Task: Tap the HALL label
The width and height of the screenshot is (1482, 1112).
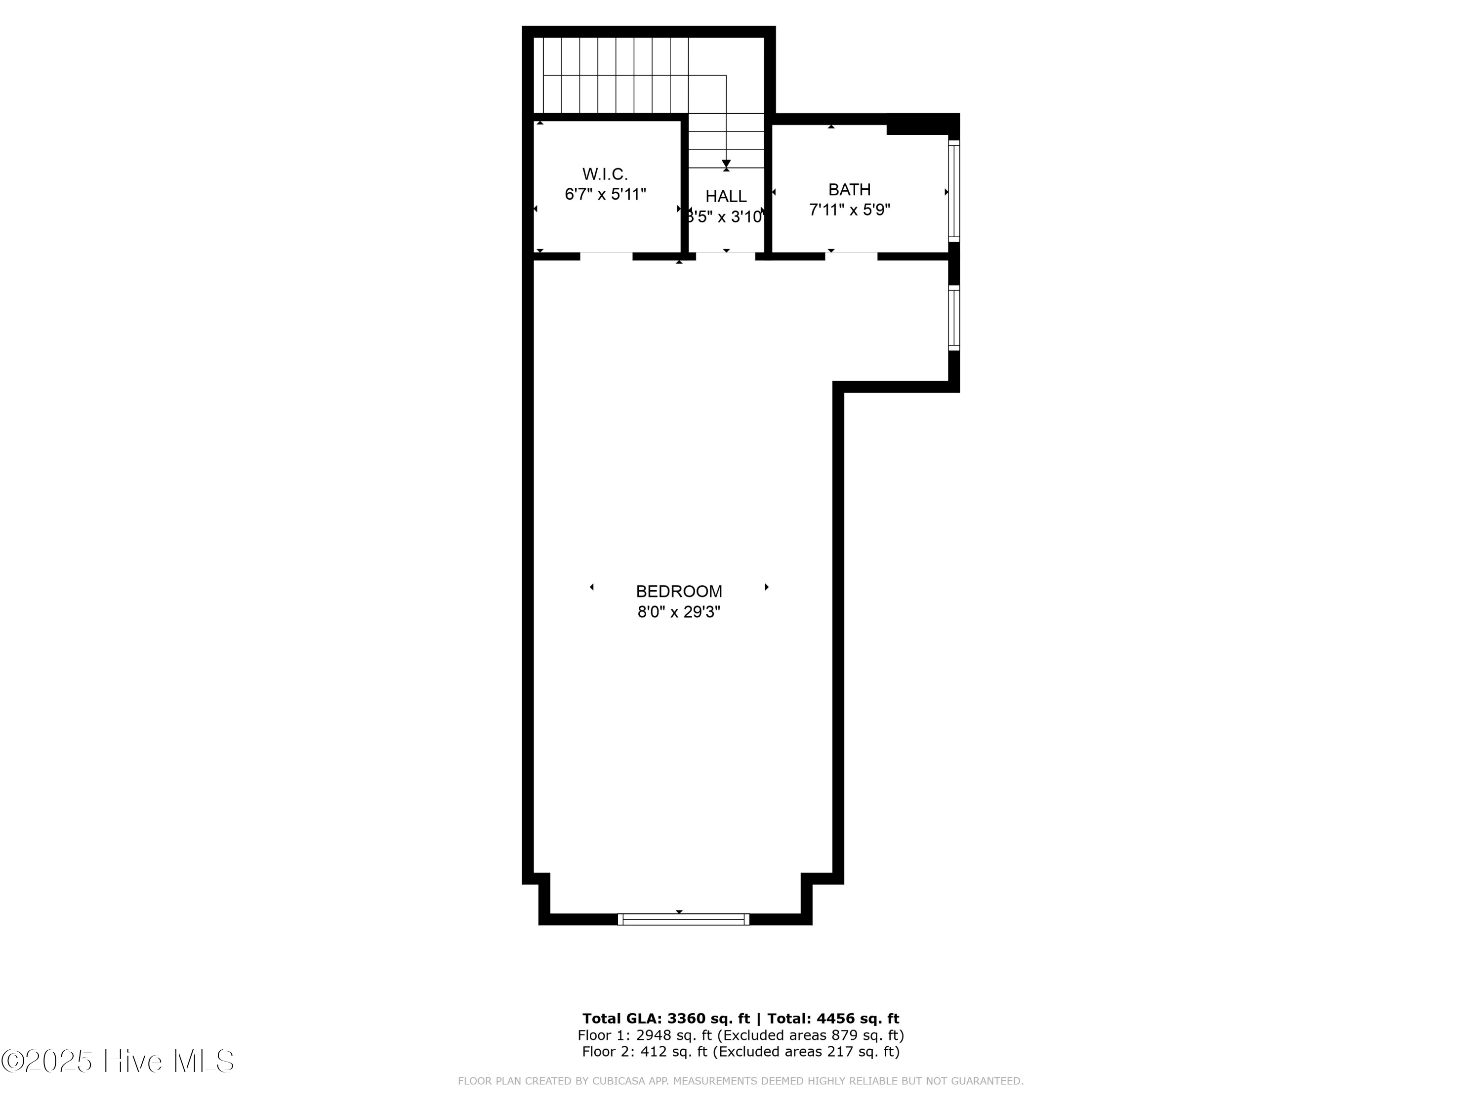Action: point(726,196)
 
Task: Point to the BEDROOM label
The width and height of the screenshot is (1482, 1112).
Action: point(679,591)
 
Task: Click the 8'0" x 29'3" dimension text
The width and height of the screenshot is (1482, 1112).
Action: point(679,612)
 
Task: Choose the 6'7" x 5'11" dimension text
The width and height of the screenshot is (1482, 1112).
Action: point(605,194)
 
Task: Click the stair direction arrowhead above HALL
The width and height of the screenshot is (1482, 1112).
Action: point(726,164)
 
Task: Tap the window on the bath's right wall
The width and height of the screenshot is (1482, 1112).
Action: point(953,191)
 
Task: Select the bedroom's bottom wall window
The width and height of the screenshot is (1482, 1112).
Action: point(683,920)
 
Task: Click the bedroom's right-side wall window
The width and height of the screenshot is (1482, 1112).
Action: point(953,318)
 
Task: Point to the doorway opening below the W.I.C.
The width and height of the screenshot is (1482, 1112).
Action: point(606,256)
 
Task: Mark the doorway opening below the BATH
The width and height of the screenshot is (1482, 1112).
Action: point(850,256)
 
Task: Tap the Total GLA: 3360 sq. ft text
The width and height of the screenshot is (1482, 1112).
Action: point(665,1019)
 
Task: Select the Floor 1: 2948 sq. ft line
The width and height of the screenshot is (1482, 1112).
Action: point(741,1035)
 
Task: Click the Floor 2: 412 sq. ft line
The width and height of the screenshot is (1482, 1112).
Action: point(741,1051)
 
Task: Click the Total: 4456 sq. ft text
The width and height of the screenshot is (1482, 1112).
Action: point(833,1019)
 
